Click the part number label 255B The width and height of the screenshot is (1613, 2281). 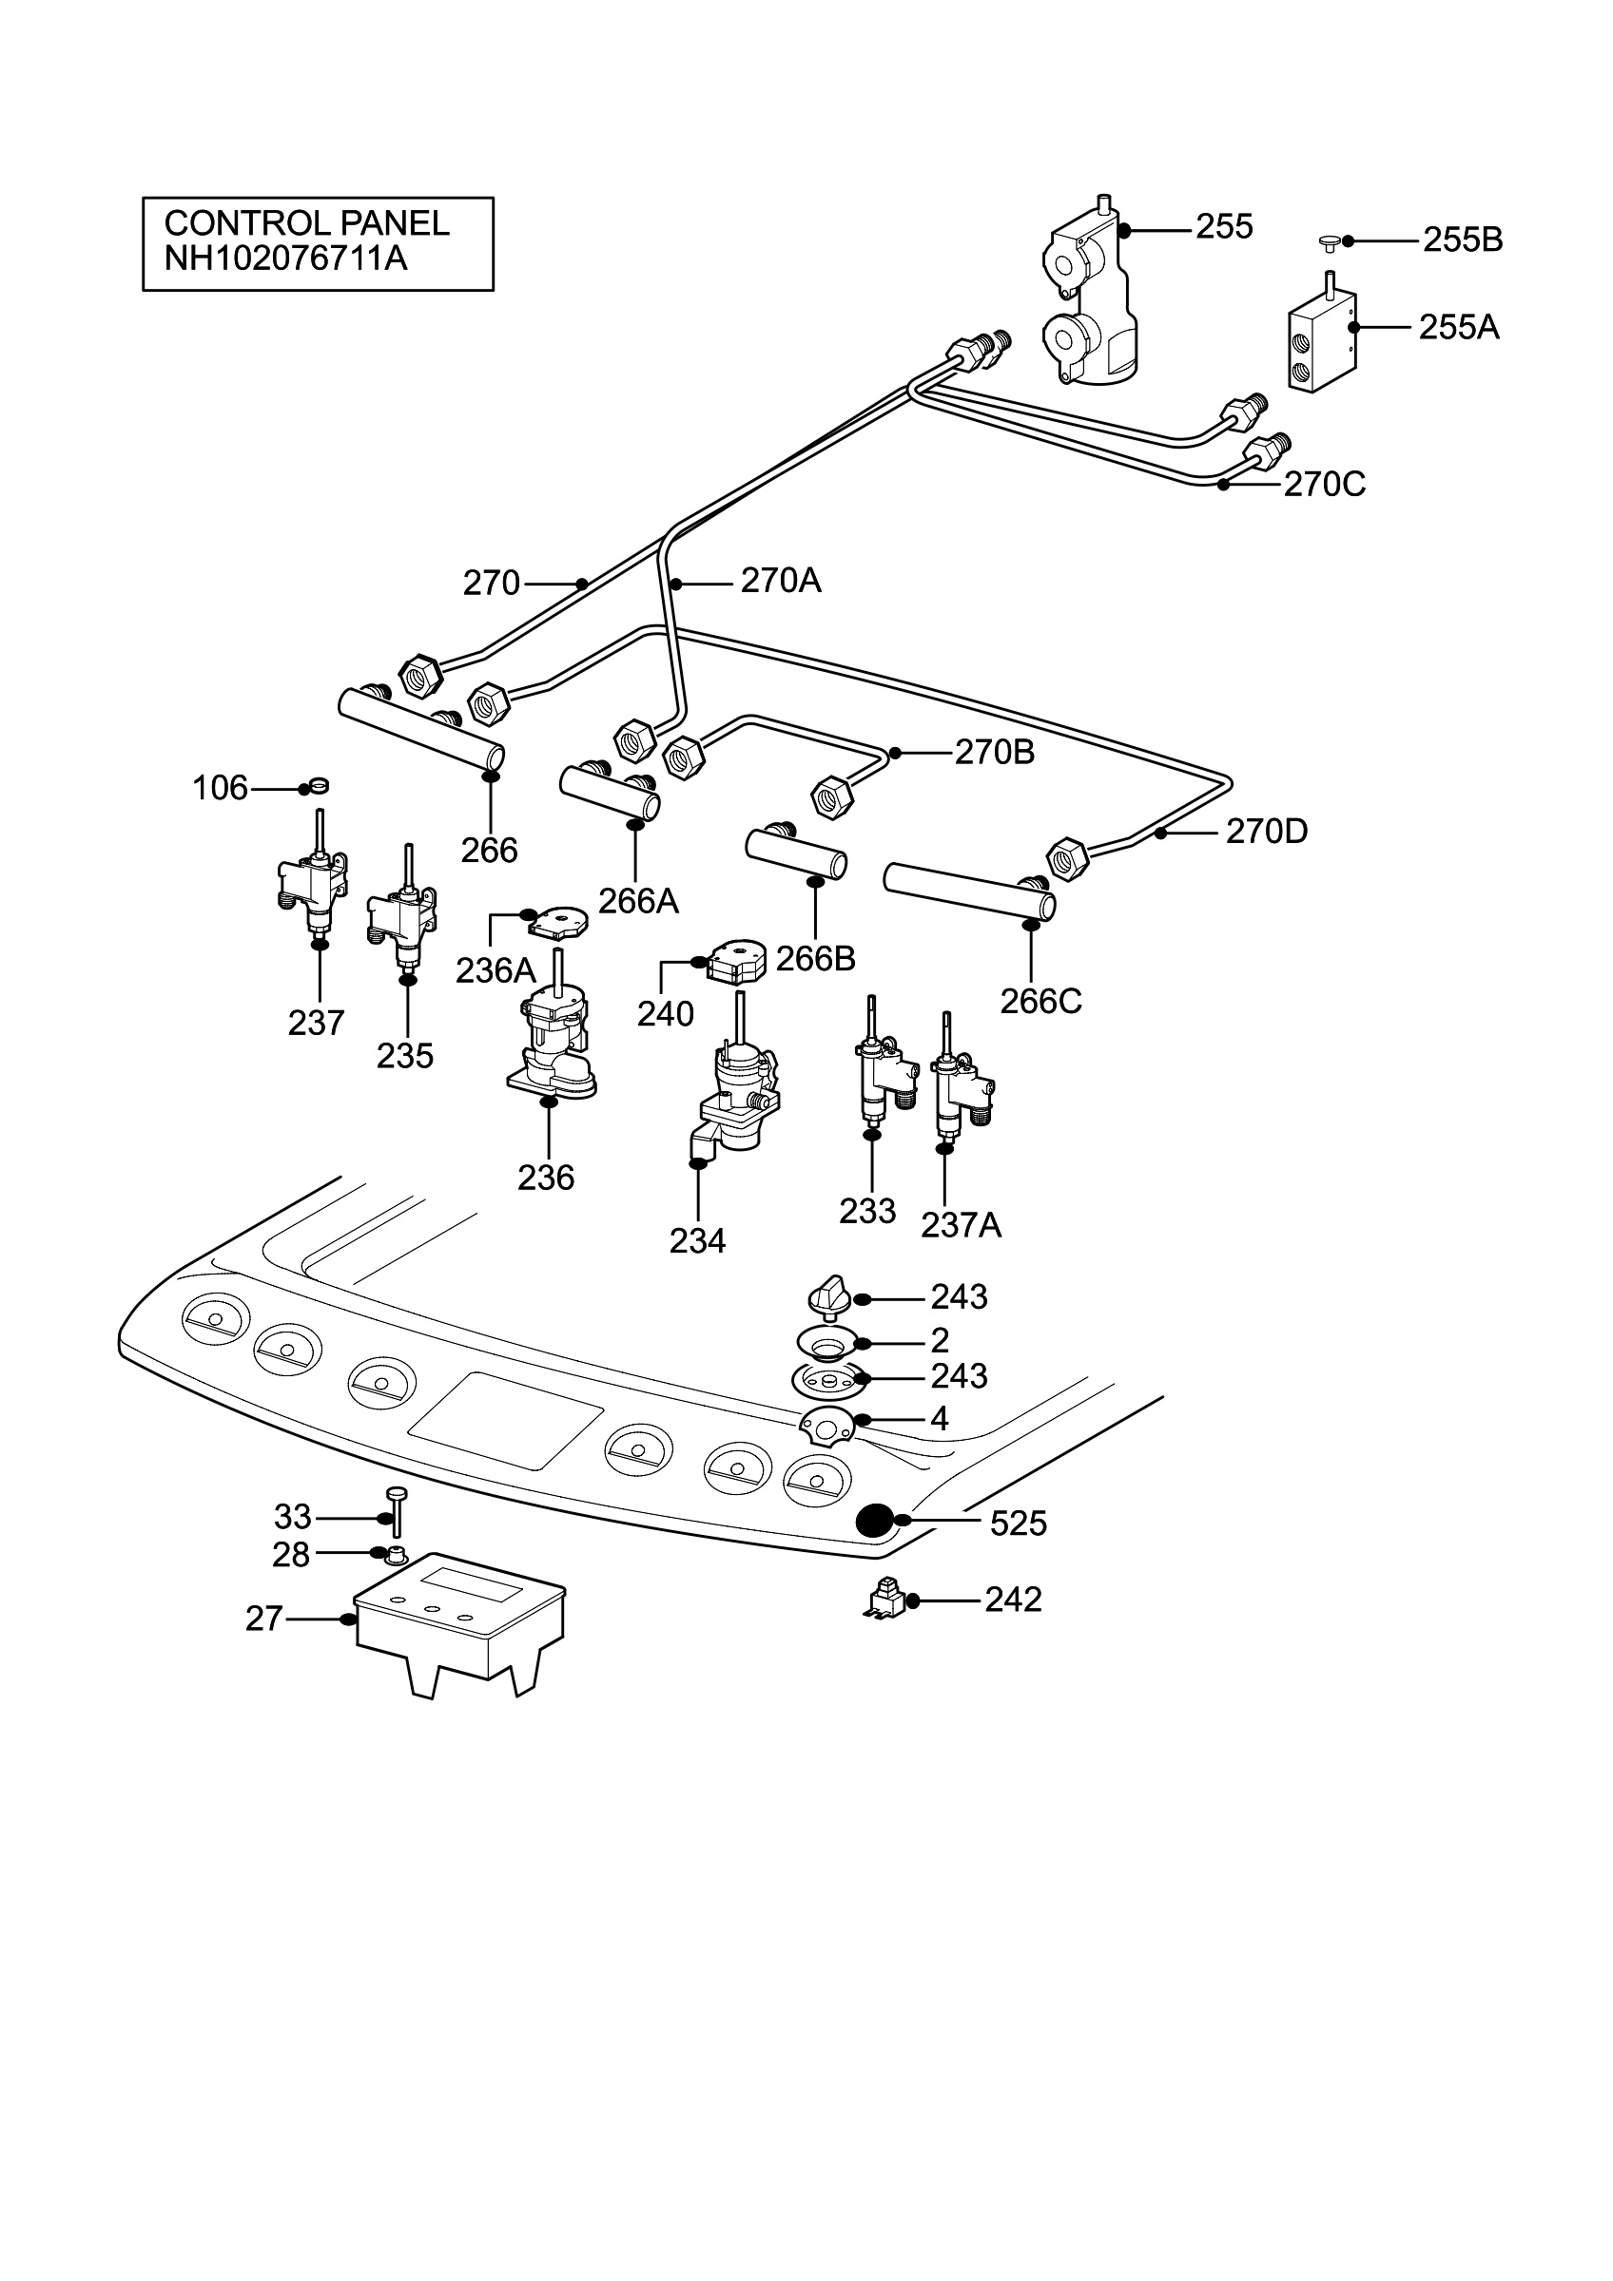point(1462,240)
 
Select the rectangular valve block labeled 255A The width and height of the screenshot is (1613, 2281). point(1323,336)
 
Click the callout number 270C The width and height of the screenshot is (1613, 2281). point(1324,484)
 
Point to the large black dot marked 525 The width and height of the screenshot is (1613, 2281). point(876,1521)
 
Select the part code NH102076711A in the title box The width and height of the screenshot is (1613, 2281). point(286,259)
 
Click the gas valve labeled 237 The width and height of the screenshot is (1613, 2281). point(313,871)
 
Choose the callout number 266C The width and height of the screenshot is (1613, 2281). point(1040,1002)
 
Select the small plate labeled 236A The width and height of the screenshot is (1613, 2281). point(557,922)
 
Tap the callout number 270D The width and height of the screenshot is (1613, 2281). point(1266,831)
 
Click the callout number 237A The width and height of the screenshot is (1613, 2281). point(961,1226)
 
